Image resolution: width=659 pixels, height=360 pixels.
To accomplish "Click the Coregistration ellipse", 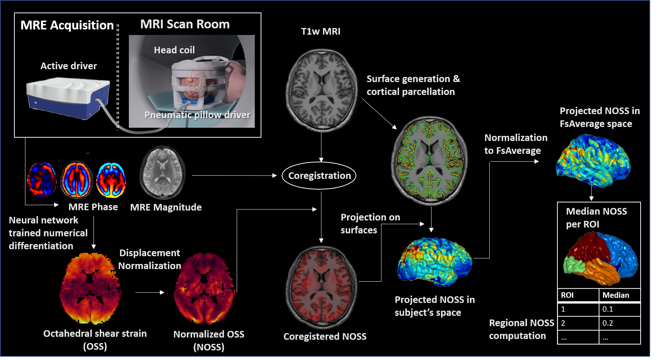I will coord(319,176).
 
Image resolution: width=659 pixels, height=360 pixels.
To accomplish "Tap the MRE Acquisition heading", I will coord(67,25).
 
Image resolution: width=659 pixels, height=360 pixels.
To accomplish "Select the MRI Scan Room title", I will coord(185,24).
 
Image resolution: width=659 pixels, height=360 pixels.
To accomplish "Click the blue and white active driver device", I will coord(68,98).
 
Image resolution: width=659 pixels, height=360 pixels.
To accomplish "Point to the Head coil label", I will coord(174,50).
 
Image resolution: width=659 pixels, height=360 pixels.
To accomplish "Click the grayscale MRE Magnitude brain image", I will coord(162,172).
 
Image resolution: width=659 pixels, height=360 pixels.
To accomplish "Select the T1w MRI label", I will coord(321,32).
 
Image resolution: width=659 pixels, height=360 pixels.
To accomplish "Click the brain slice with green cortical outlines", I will coord(430,160).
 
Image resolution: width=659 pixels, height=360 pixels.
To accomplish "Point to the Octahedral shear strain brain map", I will coord(90,288).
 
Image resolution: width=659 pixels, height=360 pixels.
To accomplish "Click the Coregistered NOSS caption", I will coord(325,336).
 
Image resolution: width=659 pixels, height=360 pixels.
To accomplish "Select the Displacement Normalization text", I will coord(149,259).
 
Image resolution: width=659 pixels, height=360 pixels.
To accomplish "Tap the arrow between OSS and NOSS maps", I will coord(149,292).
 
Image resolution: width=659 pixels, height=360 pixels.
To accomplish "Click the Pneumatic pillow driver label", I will coord(197,115).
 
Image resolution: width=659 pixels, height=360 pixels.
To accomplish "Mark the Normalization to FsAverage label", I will coord(515,144).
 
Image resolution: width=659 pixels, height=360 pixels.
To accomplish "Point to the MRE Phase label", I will coord(93,207).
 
